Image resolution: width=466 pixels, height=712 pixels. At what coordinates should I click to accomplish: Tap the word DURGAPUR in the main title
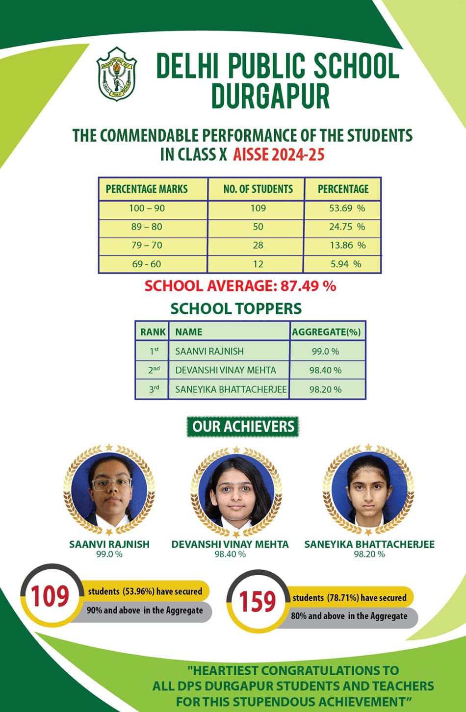coord(270,96)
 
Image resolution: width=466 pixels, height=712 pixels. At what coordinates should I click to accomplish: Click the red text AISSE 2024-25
coord(279,154)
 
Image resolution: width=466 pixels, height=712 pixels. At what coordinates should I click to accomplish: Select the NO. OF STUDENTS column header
coord(258,189)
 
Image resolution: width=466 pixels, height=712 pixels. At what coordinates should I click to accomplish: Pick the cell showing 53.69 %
coord(347,208)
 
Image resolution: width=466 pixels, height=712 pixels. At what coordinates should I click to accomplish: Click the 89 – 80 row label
coord(147,227)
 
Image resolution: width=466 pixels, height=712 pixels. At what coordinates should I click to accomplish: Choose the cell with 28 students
coord(258,245)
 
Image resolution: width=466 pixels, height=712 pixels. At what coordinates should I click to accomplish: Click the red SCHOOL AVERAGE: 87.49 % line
coord(240,286)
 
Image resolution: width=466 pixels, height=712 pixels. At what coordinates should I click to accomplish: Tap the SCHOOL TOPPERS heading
coord(236,308)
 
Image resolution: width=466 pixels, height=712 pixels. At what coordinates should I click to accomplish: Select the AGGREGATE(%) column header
coord(326,332)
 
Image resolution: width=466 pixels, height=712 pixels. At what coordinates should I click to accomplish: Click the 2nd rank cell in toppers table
coord(154,370)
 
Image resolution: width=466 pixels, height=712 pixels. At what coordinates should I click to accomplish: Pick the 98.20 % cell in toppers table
coord(325,389)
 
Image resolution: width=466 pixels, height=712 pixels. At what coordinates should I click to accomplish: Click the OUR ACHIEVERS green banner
coord(243,427)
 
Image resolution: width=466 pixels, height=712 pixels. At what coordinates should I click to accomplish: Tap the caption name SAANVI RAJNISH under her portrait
coord(109,544)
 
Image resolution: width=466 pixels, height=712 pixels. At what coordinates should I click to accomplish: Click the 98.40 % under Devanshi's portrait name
coord(230,554)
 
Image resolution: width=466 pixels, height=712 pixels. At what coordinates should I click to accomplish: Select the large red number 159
coord(258,602)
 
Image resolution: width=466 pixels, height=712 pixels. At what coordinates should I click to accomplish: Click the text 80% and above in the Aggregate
coord(349,616)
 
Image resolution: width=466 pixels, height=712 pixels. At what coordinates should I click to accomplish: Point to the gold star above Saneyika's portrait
coord(368,447)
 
